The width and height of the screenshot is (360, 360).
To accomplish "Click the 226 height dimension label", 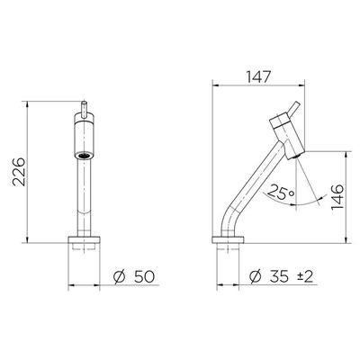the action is (19, 172).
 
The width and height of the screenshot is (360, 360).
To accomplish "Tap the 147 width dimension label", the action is (258, 76).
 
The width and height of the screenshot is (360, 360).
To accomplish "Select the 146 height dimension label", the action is (337, 197).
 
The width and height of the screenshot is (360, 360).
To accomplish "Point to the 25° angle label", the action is (281, 193).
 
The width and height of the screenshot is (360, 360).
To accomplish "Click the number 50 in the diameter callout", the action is (144, 276).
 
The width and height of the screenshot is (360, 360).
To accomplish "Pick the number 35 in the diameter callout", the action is (279, 276).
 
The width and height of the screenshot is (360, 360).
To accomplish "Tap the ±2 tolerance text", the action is (305, 276).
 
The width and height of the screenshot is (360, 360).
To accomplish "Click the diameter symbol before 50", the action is (119, 276).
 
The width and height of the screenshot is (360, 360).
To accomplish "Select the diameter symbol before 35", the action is (255, 276).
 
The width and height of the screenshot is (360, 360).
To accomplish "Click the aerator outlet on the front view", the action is (84, 156).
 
